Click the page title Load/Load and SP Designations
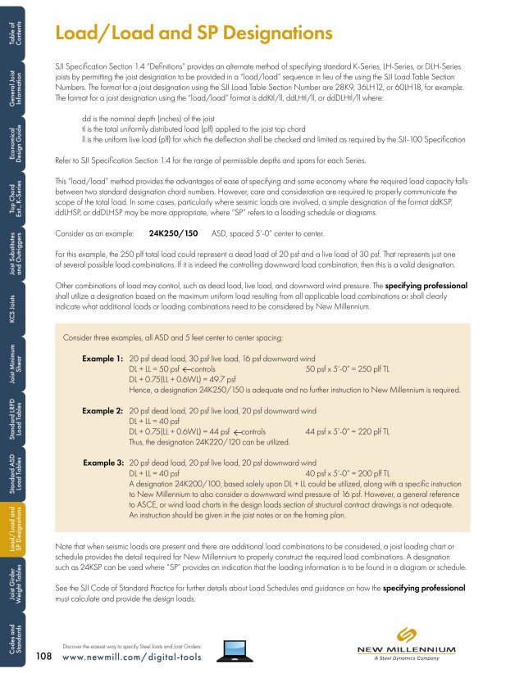coord(193,34)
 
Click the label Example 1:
coord(103,359)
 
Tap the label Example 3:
coord(103,463)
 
